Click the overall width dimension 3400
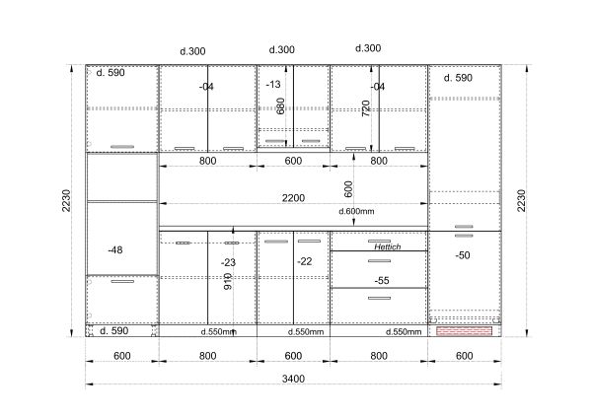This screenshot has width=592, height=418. point(293,379)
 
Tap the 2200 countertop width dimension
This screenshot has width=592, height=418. point(293,198)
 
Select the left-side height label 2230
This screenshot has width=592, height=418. point(66,200)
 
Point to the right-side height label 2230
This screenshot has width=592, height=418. point(521,200)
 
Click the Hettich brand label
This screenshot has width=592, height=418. point(388,246)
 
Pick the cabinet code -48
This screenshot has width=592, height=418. point(115,249)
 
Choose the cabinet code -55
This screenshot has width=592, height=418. point(382,280)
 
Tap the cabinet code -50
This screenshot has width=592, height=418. point(463,255)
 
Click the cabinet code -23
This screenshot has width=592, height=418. point(229,262)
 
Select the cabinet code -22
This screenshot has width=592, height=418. point(304,261)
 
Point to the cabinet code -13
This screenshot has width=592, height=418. point(273,84)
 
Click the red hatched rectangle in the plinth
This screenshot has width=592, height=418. point(464,331)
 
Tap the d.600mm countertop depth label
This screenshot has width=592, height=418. point(356,211)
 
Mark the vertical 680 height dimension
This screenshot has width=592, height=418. point(280,106)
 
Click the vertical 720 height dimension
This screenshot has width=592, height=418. point(366,108)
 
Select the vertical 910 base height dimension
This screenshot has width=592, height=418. point(228,281)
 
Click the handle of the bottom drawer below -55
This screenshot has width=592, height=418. point(380,298)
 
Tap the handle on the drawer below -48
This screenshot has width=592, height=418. point(122,281)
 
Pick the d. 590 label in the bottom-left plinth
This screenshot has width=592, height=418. point(114,331)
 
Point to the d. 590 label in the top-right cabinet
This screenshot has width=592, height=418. point(458,78)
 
